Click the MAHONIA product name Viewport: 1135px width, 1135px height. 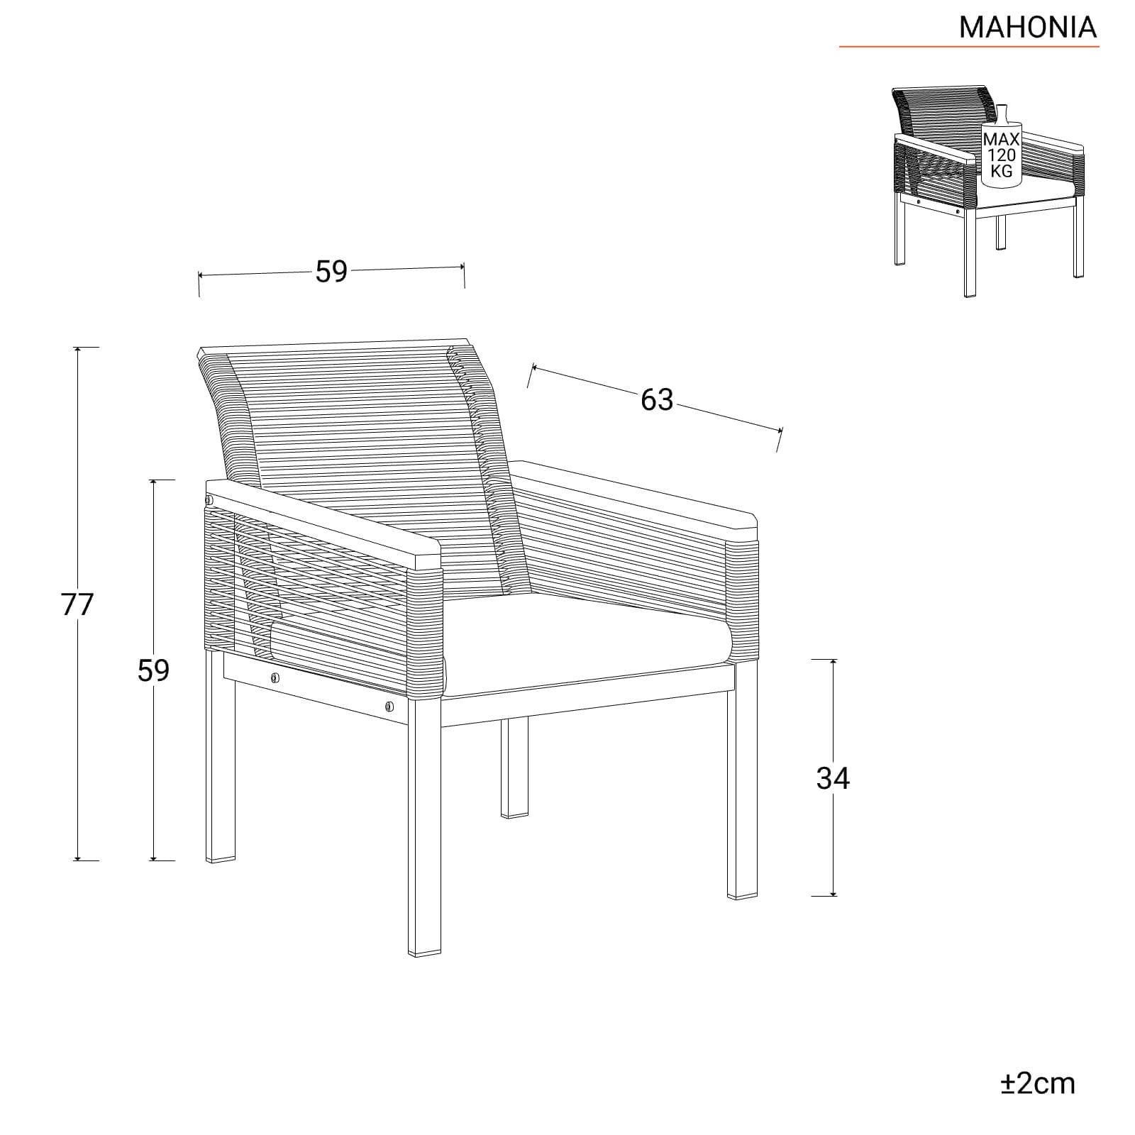1028,27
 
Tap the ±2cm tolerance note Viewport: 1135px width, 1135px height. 1038,1083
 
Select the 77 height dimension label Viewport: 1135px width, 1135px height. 77,604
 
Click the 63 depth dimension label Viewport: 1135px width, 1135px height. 656,400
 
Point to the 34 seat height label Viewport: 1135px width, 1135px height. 833,778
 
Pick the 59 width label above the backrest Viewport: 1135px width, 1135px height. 331,272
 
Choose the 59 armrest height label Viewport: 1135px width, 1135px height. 153,670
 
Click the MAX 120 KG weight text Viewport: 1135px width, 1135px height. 1001,155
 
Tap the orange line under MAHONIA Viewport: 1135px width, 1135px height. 969,47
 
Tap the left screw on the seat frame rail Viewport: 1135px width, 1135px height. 275,679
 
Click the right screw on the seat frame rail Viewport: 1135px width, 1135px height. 389,706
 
